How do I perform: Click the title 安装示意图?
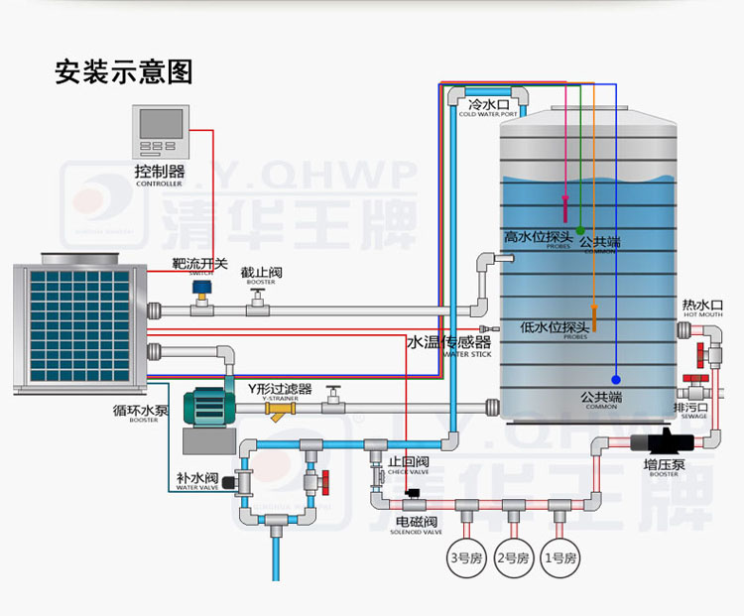click(123, 72)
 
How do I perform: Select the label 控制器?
click(159, 172)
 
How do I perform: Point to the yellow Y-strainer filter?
click(287, 407)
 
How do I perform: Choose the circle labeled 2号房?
click(513, 558)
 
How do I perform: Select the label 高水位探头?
click(538, 237)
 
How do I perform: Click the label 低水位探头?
click(556, 326)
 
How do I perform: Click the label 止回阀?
click(408, 462)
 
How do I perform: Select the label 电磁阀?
click(416, 521)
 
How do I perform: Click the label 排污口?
click(690, 407)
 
